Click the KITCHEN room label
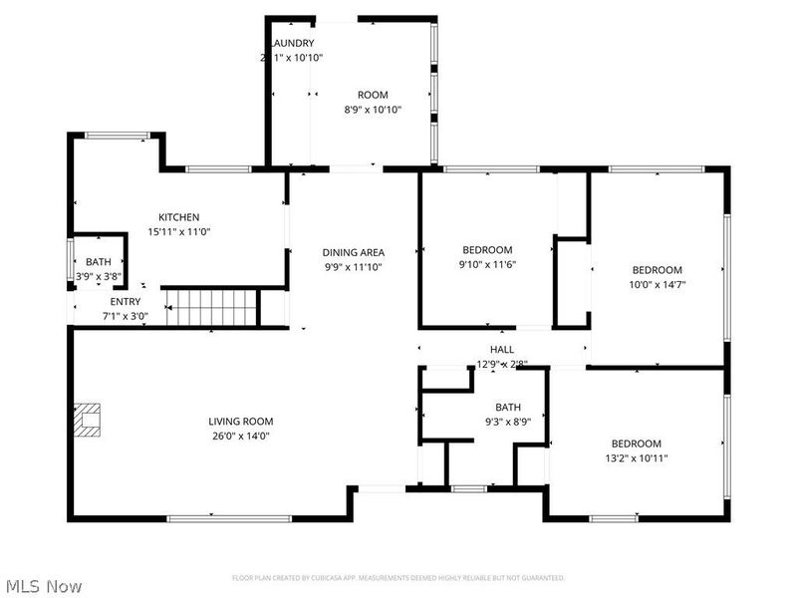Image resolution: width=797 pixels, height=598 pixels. coord(179,217)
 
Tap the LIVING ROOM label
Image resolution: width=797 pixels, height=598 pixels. coord(240,422)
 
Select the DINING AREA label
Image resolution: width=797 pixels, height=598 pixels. coord(353,252)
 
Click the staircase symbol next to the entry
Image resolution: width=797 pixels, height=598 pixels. coord(210,307)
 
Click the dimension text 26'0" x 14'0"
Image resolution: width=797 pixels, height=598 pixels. coord(240,436)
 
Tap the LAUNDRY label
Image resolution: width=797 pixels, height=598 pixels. coord(294,44)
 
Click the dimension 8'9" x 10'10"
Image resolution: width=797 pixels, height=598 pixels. coord(373,110)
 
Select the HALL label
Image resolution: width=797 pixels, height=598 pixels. coord(501,350)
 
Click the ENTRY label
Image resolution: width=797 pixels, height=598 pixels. coord(126,302)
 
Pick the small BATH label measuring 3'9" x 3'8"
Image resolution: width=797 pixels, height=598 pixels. coord(98,262)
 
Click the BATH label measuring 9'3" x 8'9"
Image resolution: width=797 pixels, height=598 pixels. coord(508,407)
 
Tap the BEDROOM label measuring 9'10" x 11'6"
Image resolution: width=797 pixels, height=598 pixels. coord(487,250)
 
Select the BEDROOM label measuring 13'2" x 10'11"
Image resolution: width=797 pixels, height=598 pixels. coord(636,444)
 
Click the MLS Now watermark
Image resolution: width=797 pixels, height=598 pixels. coord(45,586)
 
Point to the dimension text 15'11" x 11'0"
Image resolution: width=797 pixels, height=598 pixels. coord(179,231)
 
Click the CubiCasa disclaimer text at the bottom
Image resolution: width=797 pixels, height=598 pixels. coord(398,578)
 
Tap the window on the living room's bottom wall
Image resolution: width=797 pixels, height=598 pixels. coord(229,518)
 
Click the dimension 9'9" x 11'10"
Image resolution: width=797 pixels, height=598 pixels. coord(353,266)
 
